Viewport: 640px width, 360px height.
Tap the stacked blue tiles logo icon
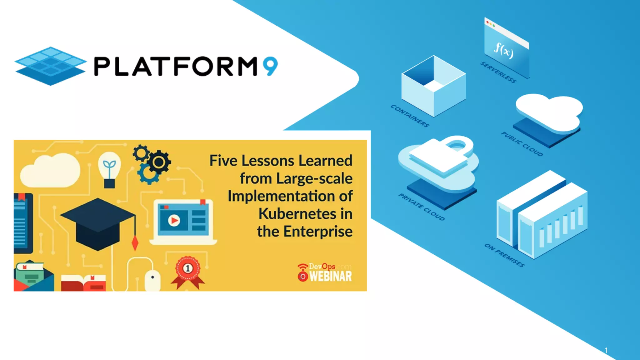click(x=50, y=66)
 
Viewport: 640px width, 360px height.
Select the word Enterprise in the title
click(x=318, y=232)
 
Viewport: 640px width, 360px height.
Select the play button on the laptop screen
click(x=174, y=220)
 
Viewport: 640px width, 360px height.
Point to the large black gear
click(x=159, y=162)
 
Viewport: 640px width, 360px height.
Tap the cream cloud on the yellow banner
click(x=50, y=171)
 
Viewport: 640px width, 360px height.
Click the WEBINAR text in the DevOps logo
click(x=330, y=277)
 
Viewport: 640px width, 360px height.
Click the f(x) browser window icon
click(x=506, y=47)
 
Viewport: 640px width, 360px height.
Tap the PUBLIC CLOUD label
click(x=522, y=144)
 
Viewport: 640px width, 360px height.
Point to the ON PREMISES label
click(x=504, y=255)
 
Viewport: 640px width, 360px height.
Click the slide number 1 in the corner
click(x=606, y=350)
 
